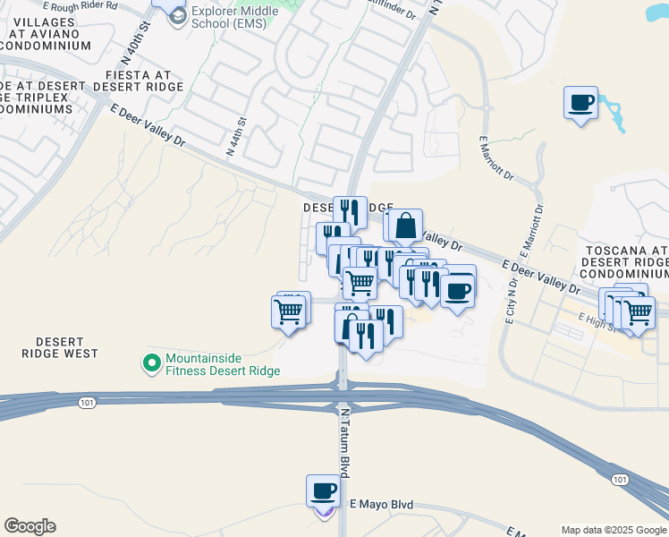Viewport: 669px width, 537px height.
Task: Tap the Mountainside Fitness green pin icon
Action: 152,363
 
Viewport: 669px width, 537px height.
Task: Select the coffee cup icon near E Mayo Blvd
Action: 323,490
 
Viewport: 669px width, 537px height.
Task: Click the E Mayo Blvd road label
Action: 381,505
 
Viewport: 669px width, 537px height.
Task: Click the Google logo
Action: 30,526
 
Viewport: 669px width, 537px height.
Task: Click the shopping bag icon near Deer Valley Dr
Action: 405,226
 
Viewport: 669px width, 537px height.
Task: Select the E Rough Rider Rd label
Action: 86,5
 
